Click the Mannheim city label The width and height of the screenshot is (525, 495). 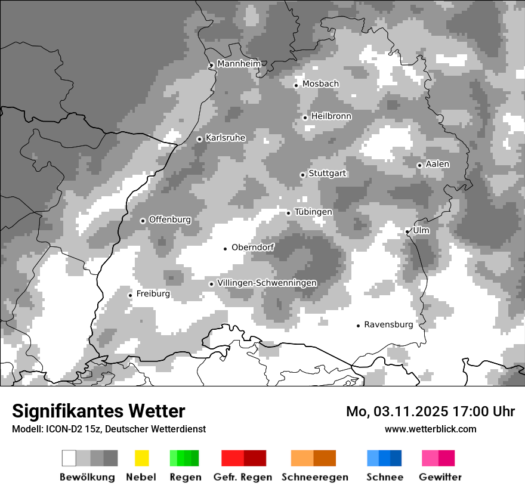239,64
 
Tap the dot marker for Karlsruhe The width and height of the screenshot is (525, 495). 200,139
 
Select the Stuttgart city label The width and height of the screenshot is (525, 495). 327,174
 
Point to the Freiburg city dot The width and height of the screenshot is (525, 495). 130,295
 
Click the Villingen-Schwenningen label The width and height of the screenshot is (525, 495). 267,283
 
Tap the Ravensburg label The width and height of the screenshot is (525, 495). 388,324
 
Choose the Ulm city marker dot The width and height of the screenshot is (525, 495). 407,231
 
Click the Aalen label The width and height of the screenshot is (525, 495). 437,164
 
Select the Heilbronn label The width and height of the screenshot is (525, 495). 331,116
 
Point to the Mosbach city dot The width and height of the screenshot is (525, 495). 296,85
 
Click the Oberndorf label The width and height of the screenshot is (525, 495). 252,247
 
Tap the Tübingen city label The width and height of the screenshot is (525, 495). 313,212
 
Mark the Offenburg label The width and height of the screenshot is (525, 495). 169,219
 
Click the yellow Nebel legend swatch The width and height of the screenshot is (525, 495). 141,458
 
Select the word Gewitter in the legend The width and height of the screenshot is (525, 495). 440,477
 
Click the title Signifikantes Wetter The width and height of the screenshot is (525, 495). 98,412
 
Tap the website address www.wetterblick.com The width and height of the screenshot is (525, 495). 430,429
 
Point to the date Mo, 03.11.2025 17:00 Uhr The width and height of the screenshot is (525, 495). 430,412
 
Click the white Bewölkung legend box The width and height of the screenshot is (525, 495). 69,458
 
